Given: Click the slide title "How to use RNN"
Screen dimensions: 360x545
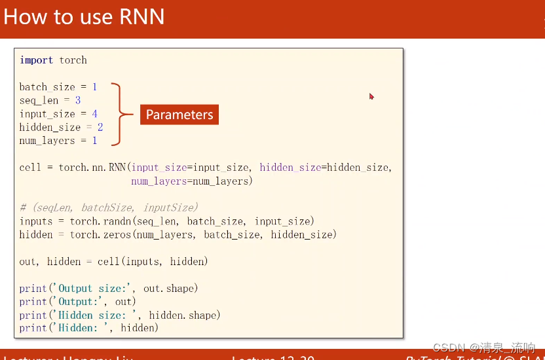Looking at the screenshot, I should pos(84,16).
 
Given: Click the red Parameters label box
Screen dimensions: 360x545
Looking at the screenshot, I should pos(179,115).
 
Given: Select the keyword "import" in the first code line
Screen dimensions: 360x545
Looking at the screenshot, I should pos(37,60).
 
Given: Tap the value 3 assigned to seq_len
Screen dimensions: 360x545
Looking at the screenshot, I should pos(78,101).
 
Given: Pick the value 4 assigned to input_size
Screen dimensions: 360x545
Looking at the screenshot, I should pos(94,114).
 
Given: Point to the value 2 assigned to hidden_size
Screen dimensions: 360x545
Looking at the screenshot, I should pos(100,128).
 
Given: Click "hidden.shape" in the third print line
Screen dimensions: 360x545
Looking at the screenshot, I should pos(184,315).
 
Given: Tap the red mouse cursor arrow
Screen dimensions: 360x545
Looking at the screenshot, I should pos(371,96).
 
